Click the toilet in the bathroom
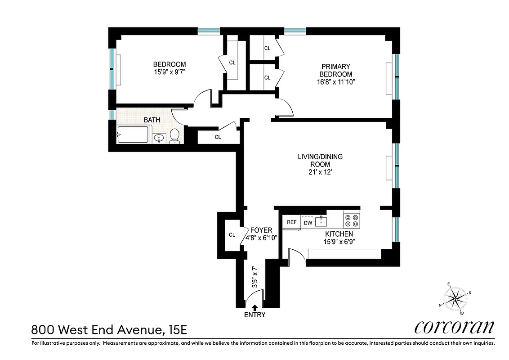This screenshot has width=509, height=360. (175, 135)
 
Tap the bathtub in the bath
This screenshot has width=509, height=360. (133, 135)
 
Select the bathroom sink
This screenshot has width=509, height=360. (159, 138)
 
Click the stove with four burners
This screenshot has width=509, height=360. (351, 220)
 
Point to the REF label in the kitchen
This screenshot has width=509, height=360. (291, 222)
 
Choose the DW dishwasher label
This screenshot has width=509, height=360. (308, 222)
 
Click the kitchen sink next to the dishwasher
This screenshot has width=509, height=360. (321, 221)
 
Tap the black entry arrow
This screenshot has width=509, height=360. (255, 307)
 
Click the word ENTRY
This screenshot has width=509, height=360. (254, 315)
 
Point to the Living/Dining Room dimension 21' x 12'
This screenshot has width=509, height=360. (320, 172)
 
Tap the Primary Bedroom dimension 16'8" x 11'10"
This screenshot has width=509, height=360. (335, 82)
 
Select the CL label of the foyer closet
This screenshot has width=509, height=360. (232, 234)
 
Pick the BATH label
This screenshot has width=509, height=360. (152, 120)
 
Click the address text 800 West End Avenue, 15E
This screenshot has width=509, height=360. (108, 330)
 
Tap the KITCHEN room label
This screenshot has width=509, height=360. (339, 234)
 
